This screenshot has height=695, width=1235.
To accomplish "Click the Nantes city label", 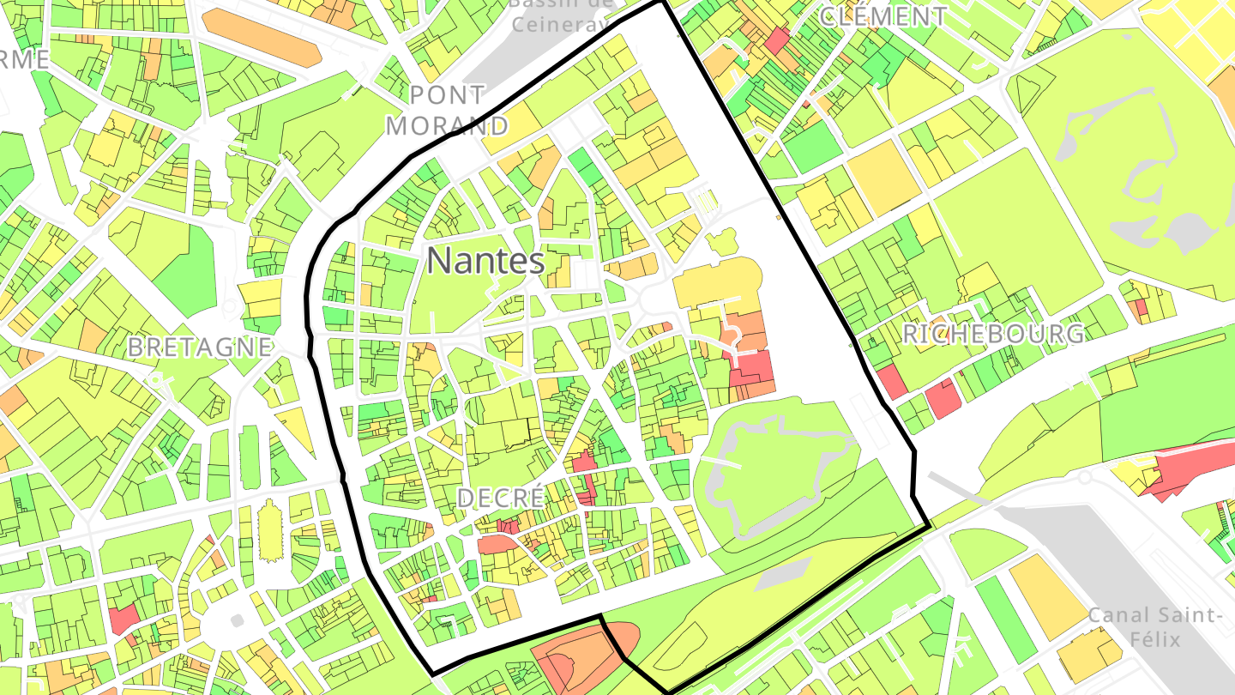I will pyautogui.click(x=485, y=261).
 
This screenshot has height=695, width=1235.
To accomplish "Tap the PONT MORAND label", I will pyautogui.click(x=447, y=110).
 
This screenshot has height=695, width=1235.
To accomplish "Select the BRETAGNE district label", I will pyautogui.click(x=199, y=347).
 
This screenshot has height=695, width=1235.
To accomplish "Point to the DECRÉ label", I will pyautogui.click(x=501, y=498).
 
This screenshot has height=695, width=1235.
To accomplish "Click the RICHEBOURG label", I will pyautogui.click(x=993, y=334).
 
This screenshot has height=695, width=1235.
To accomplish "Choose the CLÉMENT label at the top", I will pyautogui.click(x=883, y=16).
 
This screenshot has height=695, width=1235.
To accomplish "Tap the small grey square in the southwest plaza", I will pyautogui.click(x=237, y=619).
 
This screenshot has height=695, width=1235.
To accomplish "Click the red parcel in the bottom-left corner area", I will pyautogui.click(x=123, y=618).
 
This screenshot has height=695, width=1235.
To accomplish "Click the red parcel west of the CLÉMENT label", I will pyautogui.click(x=778, y=40).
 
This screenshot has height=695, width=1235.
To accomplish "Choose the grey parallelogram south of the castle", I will pyautogui.click(x=784, y=574).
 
